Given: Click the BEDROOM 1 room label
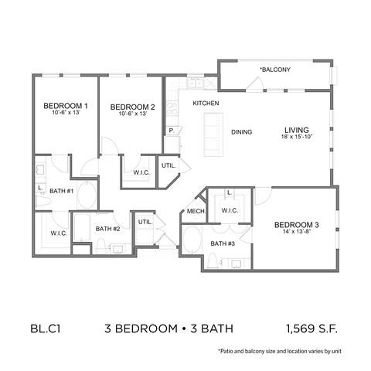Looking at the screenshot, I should coord(65,106).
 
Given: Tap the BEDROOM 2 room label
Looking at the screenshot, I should coord(132,107).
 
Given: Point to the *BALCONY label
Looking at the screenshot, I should coord(274,70).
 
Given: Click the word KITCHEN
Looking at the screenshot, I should coord(206,103).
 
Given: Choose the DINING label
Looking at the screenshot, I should coord(242,132).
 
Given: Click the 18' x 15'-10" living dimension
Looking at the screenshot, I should coord(297,138).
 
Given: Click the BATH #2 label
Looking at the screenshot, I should coord(107,228).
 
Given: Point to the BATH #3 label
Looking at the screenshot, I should coord(223,244).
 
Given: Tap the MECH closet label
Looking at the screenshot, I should coord(195,210).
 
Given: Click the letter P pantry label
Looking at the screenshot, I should coord(171,131).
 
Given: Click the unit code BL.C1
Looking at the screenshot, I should coord(47,328).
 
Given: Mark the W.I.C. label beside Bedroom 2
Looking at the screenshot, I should coord(141,172).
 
